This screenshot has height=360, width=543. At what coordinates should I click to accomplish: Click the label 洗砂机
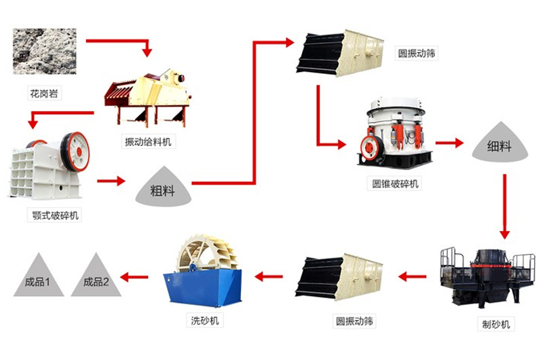(x=204, y=319)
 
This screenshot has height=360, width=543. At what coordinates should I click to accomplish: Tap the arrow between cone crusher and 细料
(x=449, y=143)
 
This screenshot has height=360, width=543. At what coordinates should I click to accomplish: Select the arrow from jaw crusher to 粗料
(x=111, y=181)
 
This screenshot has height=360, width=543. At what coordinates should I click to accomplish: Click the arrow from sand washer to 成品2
(x=135, y=276)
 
